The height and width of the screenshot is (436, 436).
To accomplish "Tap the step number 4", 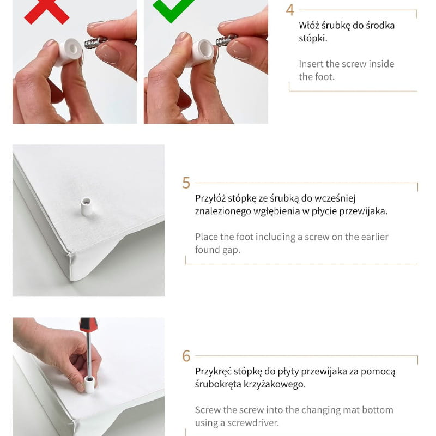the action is pyautogui.click(x=290, y=10).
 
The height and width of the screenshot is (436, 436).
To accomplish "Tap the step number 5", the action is pyautogui.click(x=186, y=183).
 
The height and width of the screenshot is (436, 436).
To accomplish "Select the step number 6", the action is pyautogui.click(x=186, y=356).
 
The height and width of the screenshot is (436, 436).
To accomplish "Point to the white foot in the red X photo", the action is pyautogui.click(x=69, y=52).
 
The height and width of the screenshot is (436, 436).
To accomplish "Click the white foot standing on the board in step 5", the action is pyautogui.click(x=86, y=207).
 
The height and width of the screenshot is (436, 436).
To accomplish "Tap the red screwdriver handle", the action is pyautogui.click(x=88, y=324).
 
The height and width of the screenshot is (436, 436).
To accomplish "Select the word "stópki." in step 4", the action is pyautogui.click(x=313, y=38).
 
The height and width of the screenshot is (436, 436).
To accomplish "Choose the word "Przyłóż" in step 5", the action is pyautogui.click(x=210, y=198).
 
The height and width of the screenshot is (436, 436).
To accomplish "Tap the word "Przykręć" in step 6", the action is pyautogui.click(x=213, y=372).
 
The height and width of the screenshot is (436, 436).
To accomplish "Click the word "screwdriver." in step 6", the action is pyautogui.click(x=253, y=423).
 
